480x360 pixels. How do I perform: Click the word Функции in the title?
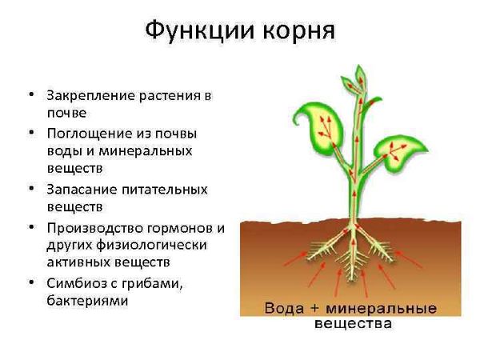199,30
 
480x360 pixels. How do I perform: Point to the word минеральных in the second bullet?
146,151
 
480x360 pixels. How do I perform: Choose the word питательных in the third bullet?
165,190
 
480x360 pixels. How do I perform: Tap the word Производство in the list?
94,229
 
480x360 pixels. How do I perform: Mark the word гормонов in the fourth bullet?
181,229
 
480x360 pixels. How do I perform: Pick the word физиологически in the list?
152,246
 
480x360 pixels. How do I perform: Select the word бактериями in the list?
87,301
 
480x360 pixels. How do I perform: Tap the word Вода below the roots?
284,308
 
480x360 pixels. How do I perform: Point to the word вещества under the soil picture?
353,323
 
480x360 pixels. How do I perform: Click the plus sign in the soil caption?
314,308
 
